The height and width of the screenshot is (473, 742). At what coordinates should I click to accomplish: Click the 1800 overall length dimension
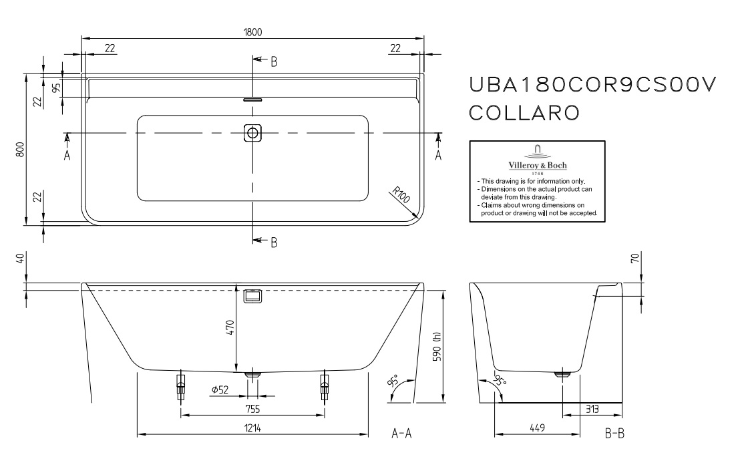point(252,32)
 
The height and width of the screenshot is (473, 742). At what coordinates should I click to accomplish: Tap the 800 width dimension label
point(20,150)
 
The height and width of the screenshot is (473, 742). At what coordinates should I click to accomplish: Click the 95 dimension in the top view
point(56,88)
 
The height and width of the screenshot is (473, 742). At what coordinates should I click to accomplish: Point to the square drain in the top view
point(252,133)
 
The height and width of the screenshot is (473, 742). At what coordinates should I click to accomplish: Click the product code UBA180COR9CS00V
point(592,85)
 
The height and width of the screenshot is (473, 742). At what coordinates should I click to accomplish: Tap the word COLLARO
point(524,113)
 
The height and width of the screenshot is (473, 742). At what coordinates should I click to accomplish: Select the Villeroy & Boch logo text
point(538,165)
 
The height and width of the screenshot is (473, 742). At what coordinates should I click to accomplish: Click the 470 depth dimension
point(230,327)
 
